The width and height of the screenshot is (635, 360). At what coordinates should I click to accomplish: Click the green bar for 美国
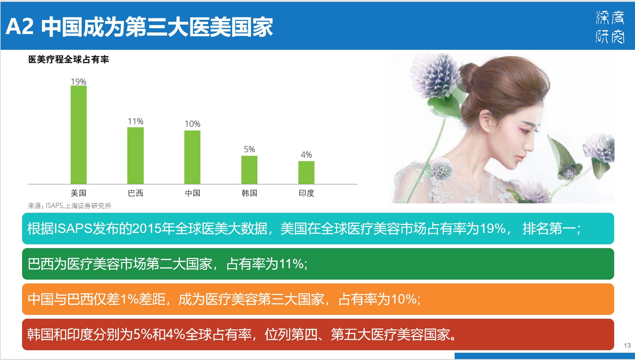coord(79,135)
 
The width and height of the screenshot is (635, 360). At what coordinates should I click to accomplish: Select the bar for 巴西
coord(136,156)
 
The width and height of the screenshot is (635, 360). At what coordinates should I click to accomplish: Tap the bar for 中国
coord(192,157)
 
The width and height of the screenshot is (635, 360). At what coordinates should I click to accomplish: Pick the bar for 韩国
coord(249,170)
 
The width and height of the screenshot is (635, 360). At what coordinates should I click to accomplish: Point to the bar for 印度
coord(306,173)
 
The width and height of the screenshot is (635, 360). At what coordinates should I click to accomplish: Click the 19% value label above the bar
coord(79,82)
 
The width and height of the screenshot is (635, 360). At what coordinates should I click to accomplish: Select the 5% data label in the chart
coord(249,149)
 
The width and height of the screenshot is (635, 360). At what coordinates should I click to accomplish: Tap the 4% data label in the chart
coord(306,154)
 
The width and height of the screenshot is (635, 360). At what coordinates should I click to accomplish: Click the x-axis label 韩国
coord(249,193)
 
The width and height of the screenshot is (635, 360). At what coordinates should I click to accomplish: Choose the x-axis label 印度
coord(306,193)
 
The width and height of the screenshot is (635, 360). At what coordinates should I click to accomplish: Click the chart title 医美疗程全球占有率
coord(69,59)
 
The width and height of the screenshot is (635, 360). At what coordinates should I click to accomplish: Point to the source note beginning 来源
coord(70,206)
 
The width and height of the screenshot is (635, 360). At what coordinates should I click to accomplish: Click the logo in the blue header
coord(610,26)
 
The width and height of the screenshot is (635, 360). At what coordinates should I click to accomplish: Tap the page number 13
coord(627,345)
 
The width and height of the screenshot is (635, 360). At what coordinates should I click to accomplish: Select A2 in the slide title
coord(20,26)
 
